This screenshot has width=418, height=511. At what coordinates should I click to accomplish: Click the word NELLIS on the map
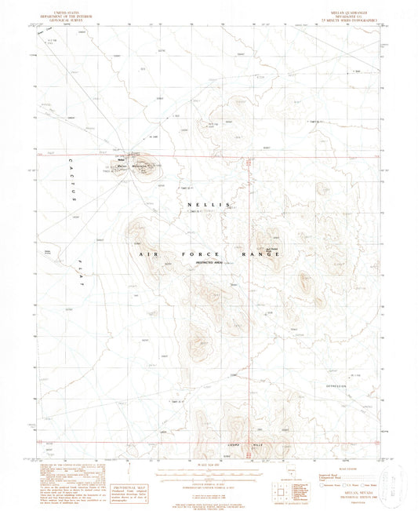click(x=209, y=204)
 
